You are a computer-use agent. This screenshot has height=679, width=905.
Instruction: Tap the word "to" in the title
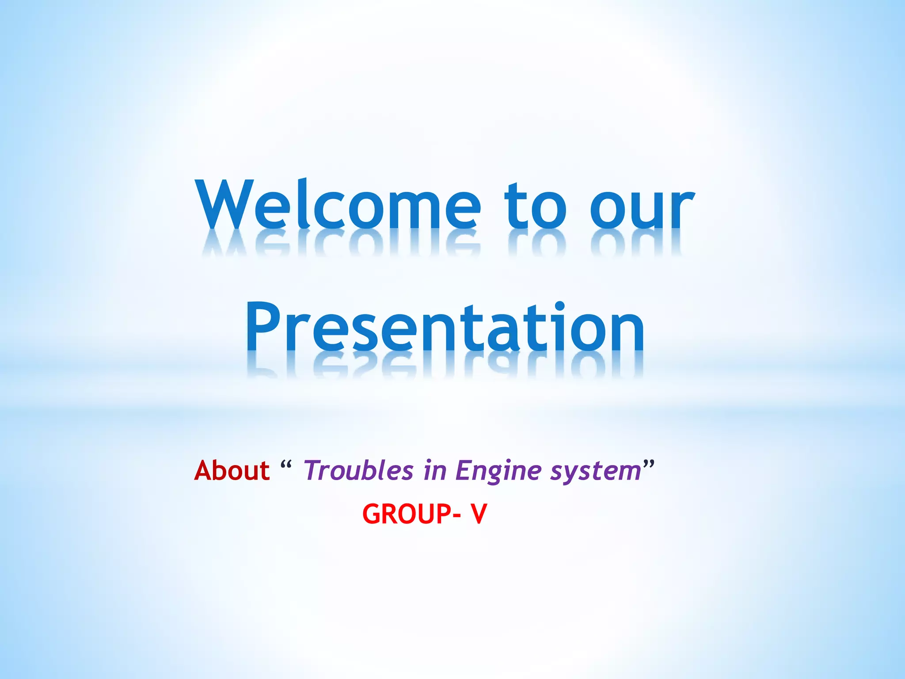535,206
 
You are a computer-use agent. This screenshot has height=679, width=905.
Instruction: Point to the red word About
232,470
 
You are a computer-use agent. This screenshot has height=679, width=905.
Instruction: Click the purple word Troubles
358,470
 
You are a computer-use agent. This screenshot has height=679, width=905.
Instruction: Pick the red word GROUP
407,514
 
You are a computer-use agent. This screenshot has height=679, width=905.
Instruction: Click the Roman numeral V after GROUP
479,514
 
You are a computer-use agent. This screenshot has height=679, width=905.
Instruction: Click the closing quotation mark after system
648,464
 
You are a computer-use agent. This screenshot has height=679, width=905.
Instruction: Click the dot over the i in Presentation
559,305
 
